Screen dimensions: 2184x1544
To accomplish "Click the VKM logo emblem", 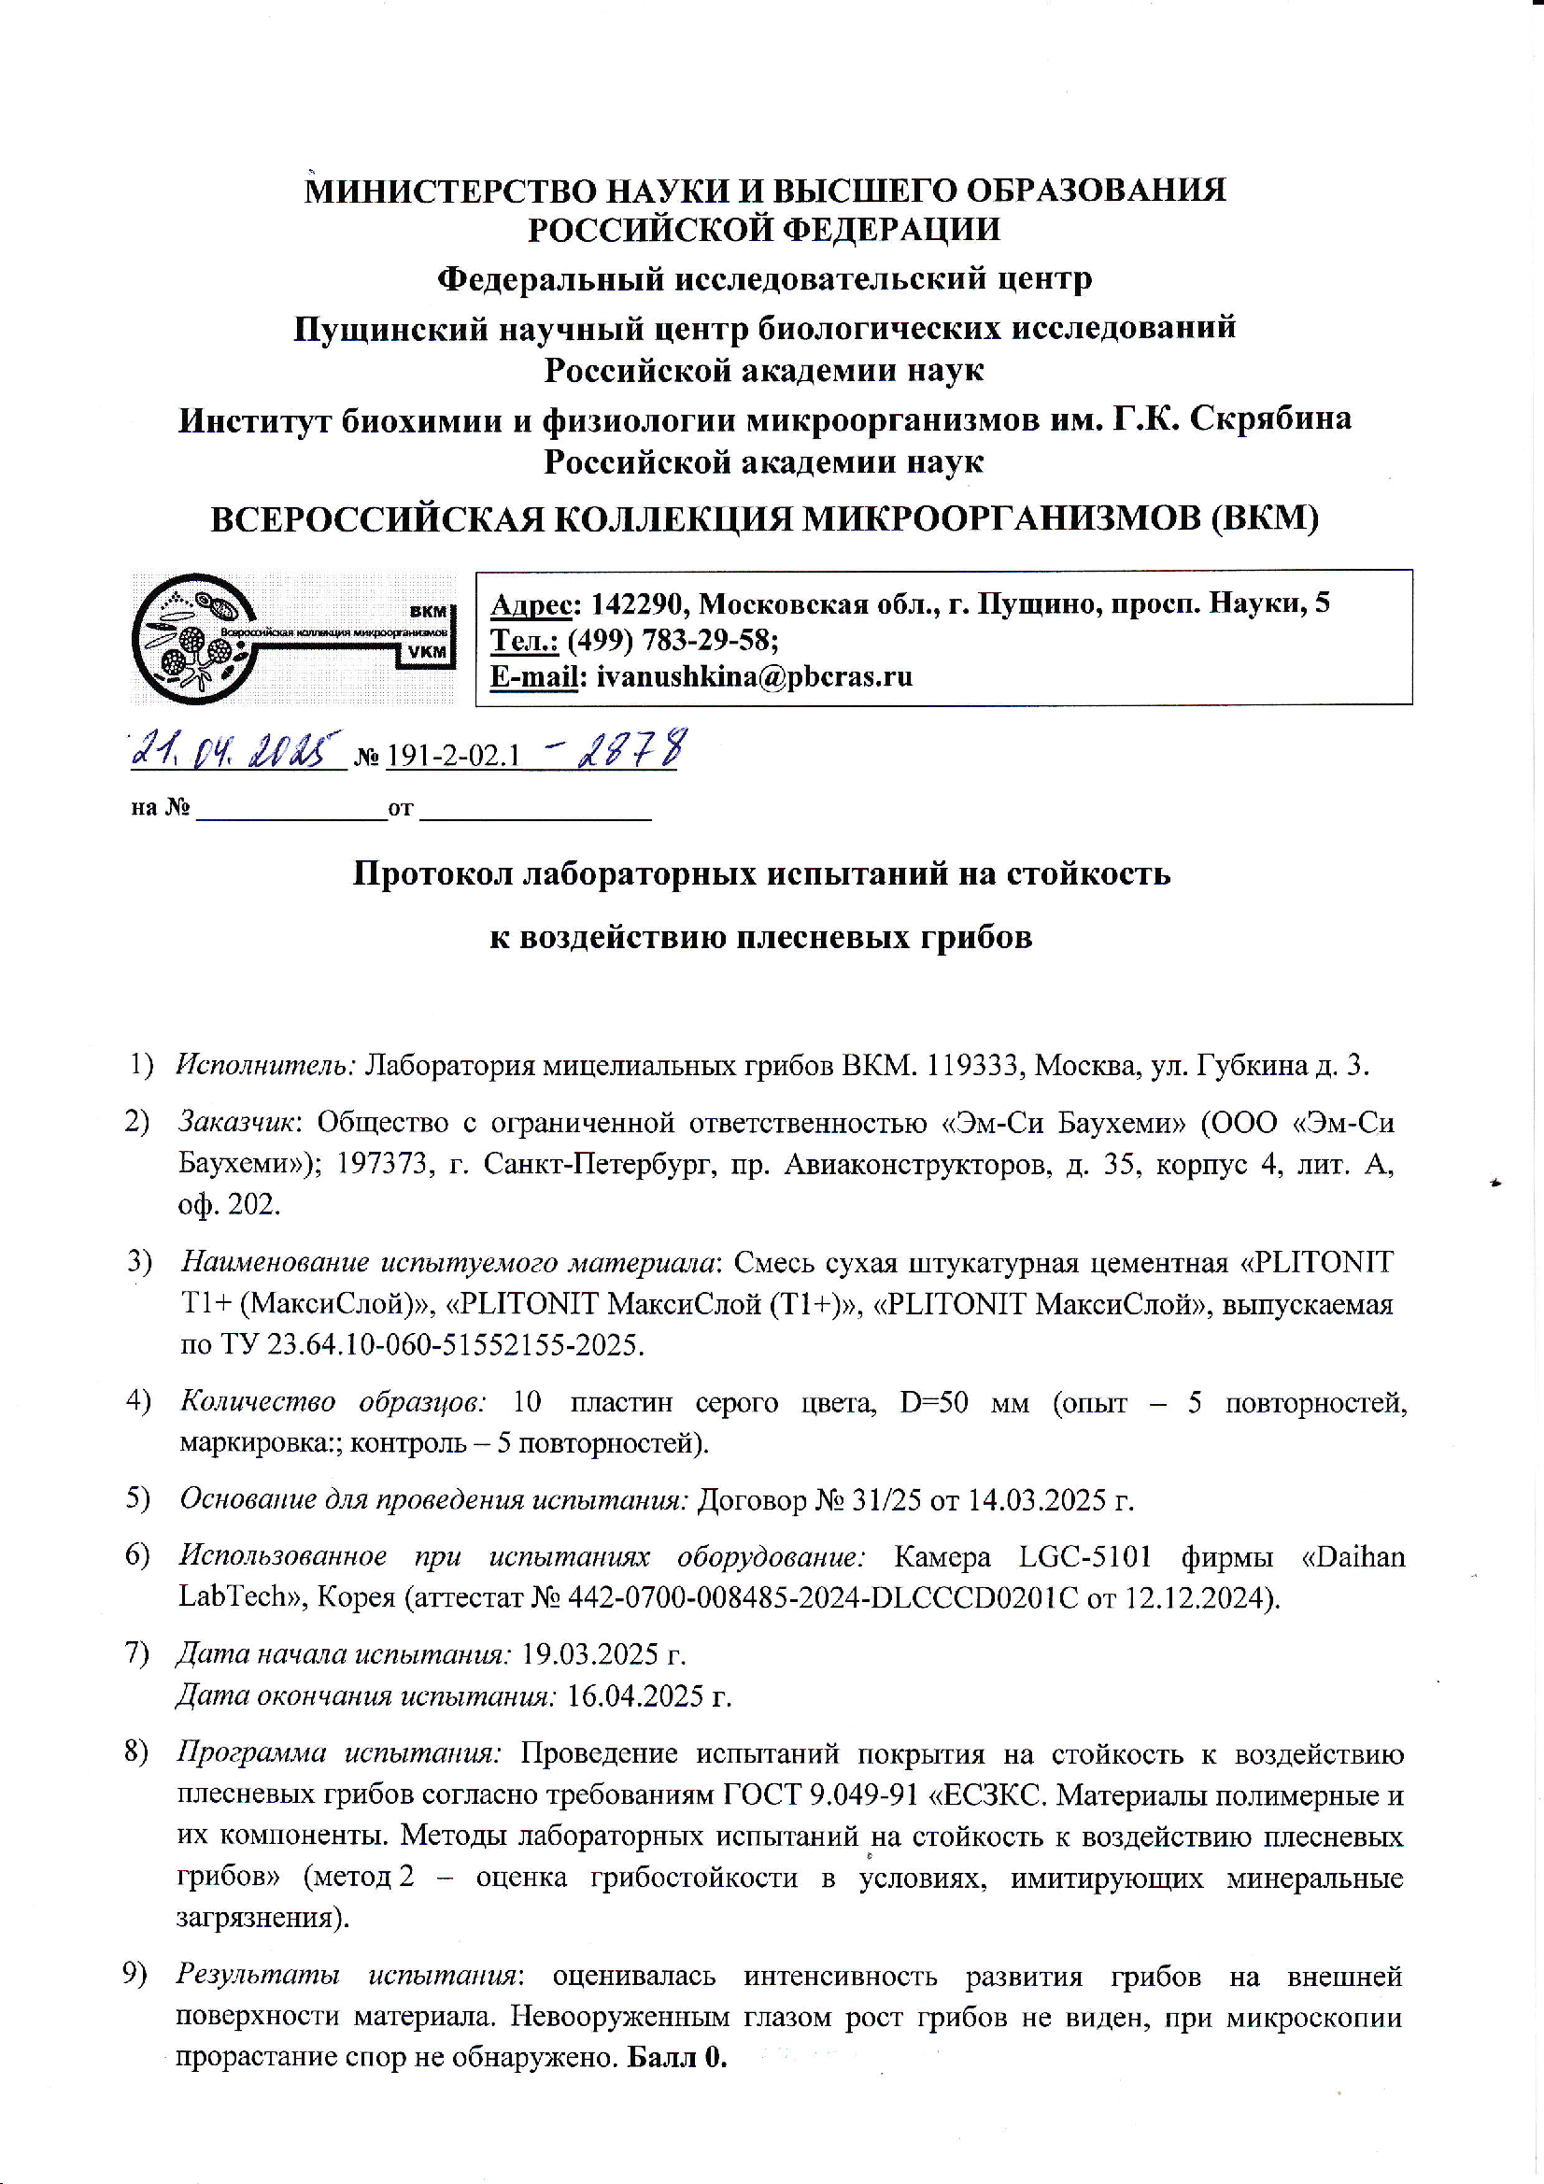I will click(294, 636).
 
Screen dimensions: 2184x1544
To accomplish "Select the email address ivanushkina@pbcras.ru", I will click(754, 676).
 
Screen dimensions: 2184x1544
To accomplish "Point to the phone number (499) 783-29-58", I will click(672, 639).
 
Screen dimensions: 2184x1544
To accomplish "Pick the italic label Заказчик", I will click(239, 1123).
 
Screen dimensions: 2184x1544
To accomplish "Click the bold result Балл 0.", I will click(677, 2057).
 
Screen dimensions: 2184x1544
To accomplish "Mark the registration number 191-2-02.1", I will click(454, 756).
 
